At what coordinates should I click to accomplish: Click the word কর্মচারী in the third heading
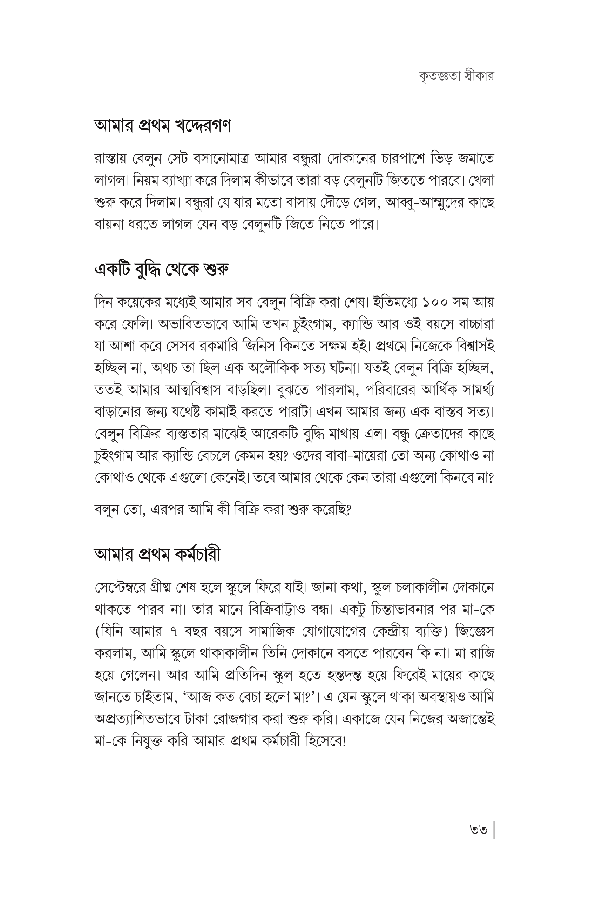(198, 555)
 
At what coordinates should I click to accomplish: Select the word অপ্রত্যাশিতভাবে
(136, 719)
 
